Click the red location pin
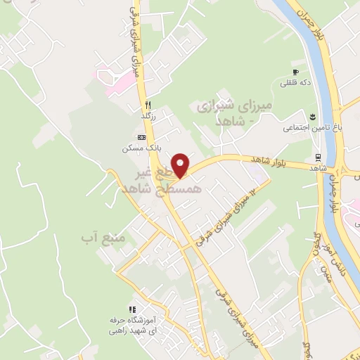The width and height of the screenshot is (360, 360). pyautogui.click(x=181, y=165)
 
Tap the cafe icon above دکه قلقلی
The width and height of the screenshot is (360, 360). pyautogui.click(x=296, y=72)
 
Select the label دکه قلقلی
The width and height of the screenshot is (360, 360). pyautogui.click(x=296, y=83)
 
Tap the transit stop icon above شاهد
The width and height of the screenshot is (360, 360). pyautogui.click(x=319, y=157)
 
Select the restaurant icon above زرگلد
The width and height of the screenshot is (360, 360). pyautogui.click(x=148, y=105)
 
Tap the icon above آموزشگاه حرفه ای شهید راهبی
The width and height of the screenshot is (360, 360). pyautogui.click(x=131, y=309)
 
